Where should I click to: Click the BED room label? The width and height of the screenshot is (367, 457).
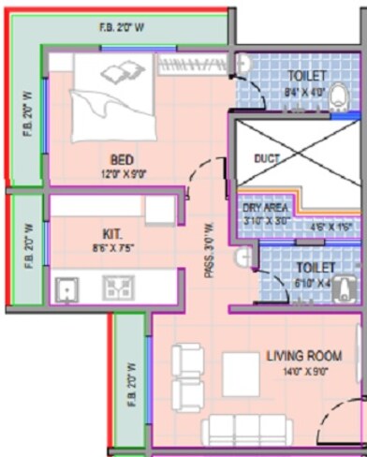tap(122, 160)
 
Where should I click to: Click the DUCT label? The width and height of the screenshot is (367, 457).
tap(267, 158)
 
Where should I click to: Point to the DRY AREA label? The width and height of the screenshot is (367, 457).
tap(263, 208)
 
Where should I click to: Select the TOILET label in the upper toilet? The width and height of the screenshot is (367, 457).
tap(308, 75)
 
